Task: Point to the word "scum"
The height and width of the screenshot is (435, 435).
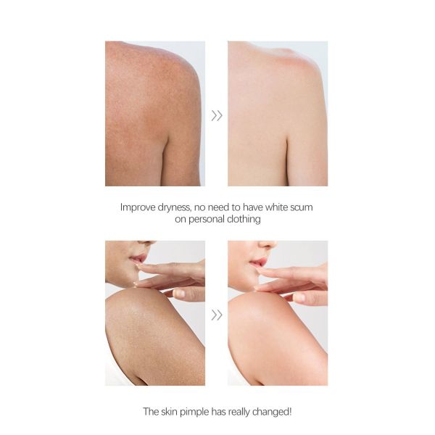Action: [300, 207]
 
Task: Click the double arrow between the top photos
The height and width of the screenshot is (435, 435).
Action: [216, 115]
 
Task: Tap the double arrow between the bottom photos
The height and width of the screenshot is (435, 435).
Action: [216, 315]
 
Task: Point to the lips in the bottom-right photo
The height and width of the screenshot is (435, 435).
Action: [258, 259]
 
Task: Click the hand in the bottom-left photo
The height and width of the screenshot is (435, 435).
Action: [178, 279]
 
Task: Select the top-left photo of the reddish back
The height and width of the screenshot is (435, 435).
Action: [154, 114]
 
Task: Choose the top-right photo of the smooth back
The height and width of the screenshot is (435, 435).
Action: [278, 114]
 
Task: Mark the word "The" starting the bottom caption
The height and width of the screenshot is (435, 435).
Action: [151, 412]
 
